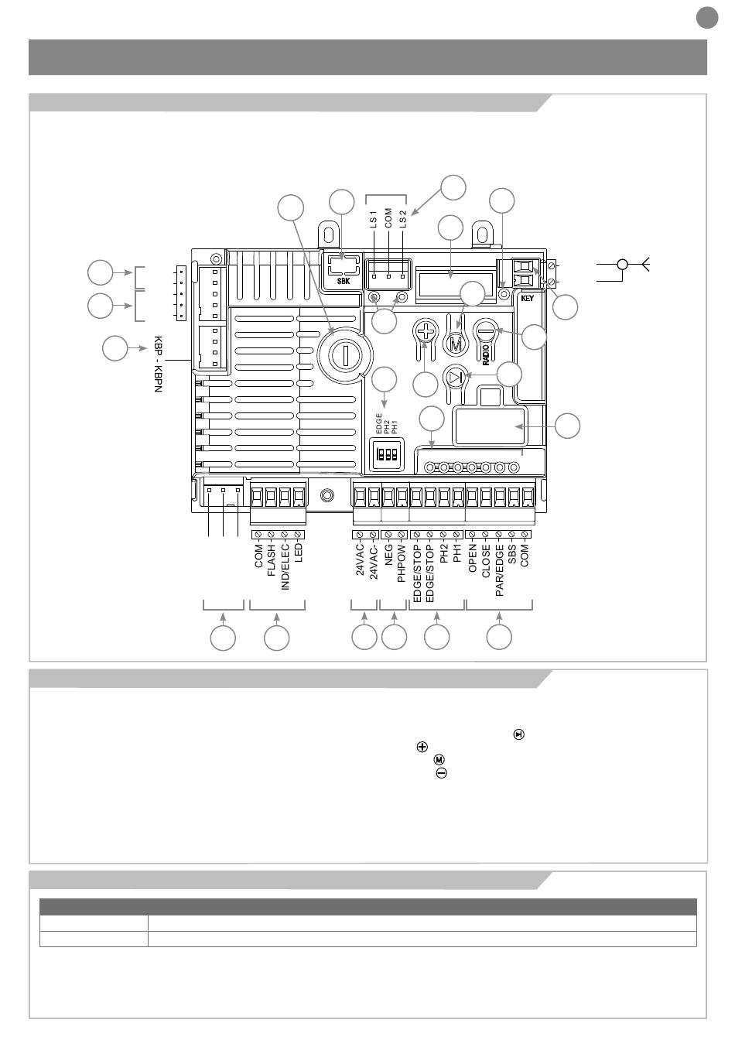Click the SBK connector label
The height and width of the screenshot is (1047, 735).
tap(343, 282)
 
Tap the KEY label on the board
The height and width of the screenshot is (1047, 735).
tap(528, 298)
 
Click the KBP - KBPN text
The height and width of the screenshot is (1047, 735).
tap(158, 364)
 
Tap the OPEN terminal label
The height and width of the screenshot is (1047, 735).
tap(473, 558)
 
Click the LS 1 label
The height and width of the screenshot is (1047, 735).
tap(373, 219)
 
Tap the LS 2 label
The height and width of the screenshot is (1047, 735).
tap(402, 219)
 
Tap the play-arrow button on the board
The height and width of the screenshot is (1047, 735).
tap(456, 378)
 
